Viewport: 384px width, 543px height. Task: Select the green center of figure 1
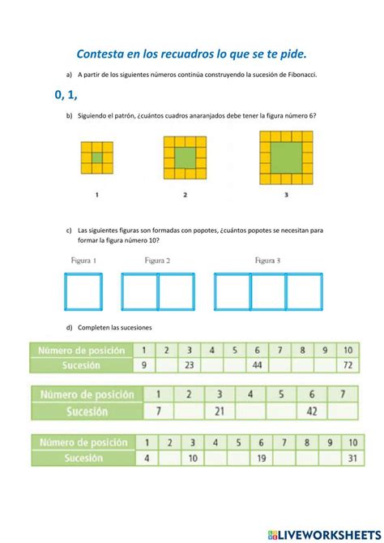[x=96, y=157]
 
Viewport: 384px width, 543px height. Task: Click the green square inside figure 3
[x=287, y=158]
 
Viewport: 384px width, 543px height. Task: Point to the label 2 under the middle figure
[x=186, y=195]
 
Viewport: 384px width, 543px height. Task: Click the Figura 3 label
[x=267, y=261]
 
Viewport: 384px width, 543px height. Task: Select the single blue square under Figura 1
[x=83, y=291]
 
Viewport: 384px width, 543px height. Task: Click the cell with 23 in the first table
[x=188, y=365]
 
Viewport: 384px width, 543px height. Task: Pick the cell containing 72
[x=347, y=365]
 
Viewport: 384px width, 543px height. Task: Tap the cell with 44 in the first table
[x=256, y=365]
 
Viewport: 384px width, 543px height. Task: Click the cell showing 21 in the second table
[x=219, y=411]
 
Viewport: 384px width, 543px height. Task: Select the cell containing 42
[x=311, y=411]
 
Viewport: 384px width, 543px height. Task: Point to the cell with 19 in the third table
[x=262, y=459]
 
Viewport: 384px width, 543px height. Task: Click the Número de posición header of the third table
[x=83, y=442]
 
